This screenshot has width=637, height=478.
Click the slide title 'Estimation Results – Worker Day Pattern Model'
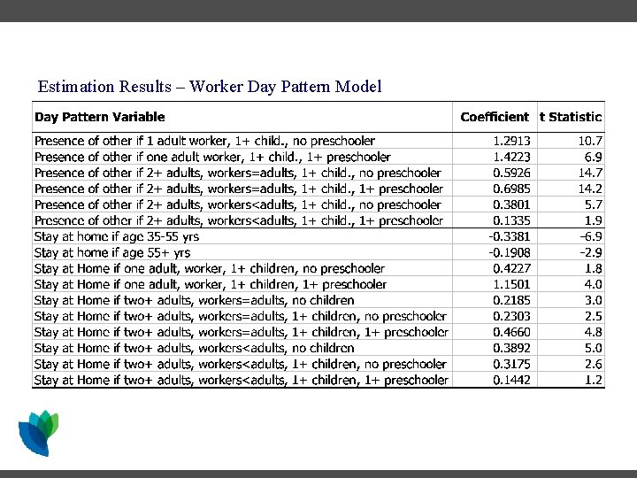coord(210,87)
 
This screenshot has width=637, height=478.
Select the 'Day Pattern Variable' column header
coord(99,117)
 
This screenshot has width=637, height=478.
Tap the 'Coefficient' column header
coord(495,117)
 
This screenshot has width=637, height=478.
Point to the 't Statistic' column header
coord(571,117)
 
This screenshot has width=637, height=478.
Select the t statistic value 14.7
coord(589,173)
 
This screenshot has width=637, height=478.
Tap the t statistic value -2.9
coord(590,252)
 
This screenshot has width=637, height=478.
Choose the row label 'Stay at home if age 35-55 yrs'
coord(117,236)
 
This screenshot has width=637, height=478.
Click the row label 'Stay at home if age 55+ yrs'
coord(112,252)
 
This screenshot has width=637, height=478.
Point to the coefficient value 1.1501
coord(511,285)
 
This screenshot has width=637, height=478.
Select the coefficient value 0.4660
coord(511,333)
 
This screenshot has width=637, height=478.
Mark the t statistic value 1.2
coord(594,381)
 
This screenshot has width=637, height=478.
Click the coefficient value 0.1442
coord(511,381)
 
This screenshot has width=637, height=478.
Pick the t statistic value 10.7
coord(589,141)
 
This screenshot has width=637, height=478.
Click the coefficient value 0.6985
coord(511,189)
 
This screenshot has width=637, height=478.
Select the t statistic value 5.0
coord(594,349)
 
